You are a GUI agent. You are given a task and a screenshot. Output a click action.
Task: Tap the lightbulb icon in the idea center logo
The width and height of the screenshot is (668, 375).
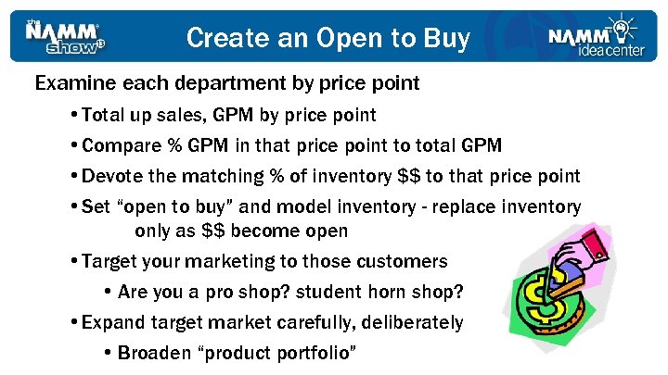coord(620,25)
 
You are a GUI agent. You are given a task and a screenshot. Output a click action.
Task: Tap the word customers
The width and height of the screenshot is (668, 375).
coord(400,262)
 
